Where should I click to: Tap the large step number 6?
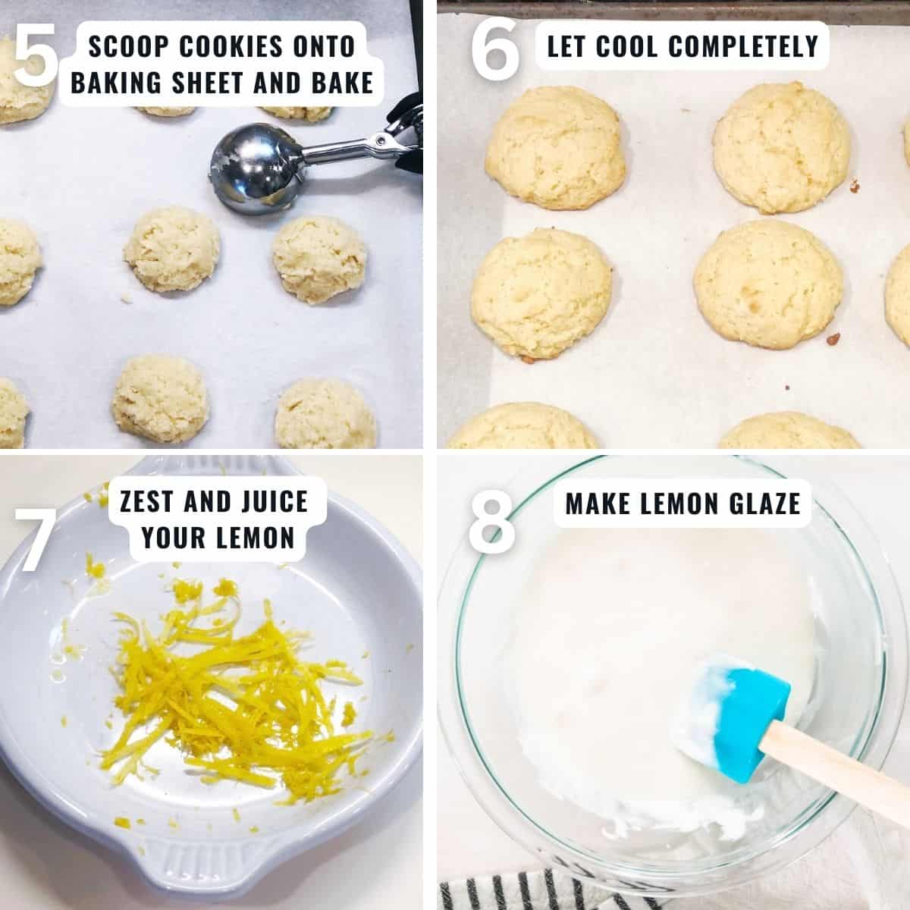495,49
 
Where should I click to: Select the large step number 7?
36,540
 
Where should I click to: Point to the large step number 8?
491,521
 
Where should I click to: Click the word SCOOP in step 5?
128,46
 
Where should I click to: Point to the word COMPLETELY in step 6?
744,45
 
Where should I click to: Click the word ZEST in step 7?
146,501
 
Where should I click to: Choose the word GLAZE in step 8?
765,504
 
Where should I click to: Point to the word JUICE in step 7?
275,501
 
